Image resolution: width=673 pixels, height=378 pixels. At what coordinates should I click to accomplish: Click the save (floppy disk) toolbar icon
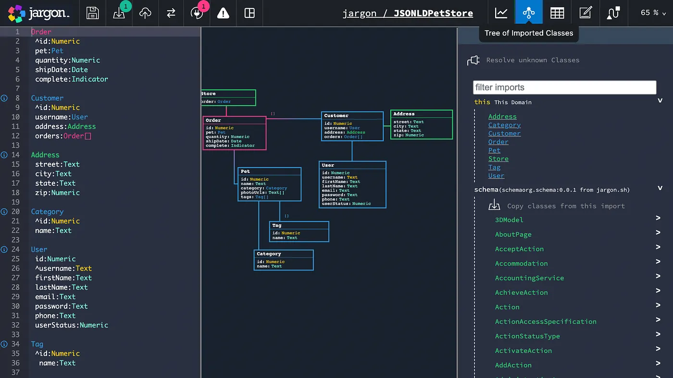(92, 13)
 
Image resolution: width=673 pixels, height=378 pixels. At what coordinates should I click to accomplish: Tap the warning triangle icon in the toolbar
(223, 13)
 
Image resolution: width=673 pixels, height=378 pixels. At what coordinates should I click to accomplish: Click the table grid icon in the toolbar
(557, 13)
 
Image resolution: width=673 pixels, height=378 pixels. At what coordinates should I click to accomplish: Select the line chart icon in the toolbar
(501, 13)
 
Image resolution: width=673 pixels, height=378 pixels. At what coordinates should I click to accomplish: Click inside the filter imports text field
(564, 87)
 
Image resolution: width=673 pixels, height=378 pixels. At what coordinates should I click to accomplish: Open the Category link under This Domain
(504, 125)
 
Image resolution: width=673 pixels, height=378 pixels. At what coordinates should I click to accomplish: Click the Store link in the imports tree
(498, 159)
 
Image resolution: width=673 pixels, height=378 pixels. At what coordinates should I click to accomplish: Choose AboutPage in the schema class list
(513, 234)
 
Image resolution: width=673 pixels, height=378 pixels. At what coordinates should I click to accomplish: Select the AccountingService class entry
(529, 278)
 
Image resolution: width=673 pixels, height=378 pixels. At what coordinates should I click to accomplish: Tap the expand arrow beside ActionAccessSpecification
(658, 320)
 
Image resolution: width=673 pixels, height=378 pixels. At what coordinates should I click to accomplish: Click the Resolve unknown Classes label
(533, 60)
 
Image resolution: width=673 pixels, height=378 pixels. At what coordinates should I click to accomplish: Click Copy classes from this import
(566, 206)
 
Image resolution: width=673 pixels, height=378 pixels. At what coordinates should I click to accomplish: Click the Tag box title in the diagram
(277, 225)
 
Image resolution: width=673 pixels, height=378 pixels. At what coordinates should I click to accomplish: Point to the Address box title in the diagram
(404, 114)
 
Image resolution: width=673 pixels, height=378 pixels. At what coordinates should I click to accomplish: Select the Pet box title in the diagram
(245, 171)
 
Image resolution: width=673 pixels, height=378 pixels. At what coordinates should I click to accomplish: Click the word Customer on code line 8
(47, 98)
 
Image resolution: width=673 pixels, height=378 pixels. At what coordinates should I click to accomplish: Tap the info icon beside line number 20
(4, 211)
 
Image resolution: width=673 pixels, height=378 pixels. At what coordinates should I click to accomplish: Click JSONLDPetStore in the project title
(433, 13)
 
